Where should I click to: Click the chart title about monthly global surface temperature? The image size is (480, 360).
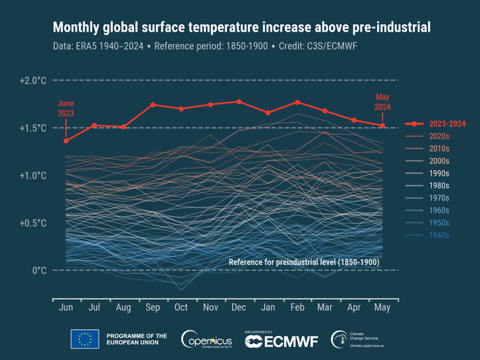[x=241, y=28]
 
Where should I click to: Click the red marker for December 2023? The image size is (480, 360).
[x=238, y=101]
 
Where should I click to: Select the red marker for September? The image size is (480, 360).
[x=153, y=105]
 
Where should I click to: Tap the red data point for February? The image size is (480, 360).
[x=297, y=102]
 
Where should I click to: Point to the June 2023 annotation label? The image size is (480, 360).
[x=66, y=108]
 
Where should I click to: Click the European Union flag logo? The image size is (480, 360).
[x=84, y=338]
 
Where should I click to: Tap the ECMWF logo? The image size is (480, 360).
[x=275, y=339]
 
